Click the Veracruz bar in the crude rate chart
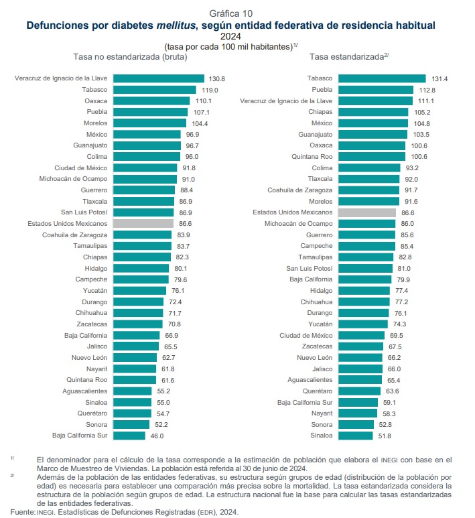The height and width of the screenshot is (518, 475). pyautogui.click(x=159, y=78)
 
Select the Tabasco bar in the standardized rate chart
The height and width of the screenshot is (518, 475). pyautogui.click(x=382, y=78)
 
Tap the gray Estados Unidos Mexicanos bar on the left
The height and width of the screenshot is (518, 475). pyautogui.click(x=143, y=224)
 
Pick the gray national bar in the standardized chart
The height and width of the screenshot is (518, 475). pyautogui.click(x=366, y=212)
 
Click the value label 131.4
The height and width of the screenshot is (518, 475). pyautogui.click(x=439, y=78)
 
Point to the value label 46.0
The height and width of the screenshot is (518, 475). pyautogui.click(x=157, y=436)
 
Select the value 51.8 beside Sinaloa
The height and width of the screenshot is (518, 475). pyautogui.click(x=386, y=436)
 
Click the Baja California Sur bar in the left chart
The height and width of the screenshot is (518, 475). pyautogui.click(x=129, y=436)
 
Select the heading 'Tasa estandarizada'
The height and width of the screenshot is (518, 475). pyautogui.click(x=347, y=57)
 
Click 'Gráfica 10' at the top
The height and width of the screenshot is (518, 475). pyautogui.click(x=231, y=13)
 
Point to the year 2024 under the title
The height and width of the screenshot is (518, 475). pyautogui.click(x=230, y=36)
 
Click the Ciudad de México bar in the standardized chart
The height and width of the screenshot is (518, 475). pyautogui.click(x=362, y=335)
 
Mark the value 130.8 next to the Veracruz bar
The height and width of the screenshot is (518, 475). pyautogui.click(x=216, y=78)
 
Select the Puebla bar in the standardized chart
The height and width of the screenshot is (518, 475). pyautogui.click(x=376, y=90)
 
